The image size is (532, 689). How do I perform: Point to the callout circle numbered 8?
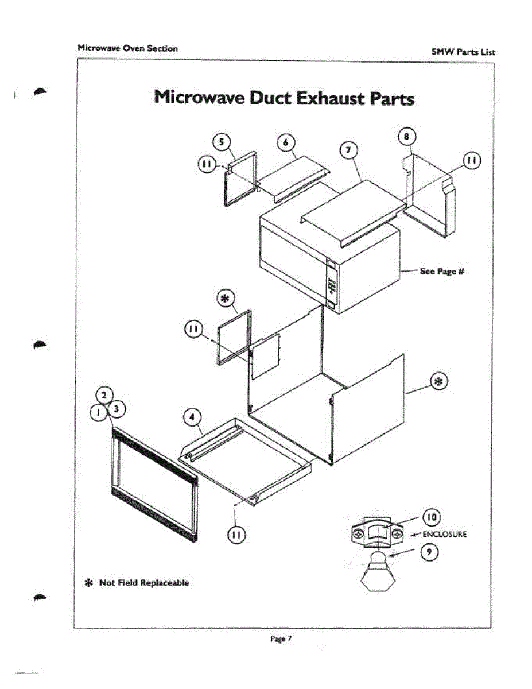click(406, 137)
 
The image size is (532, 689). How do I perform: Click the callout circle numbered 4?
click(192, 417)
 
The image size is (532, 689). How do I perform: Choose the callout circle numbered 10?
click(431, 517)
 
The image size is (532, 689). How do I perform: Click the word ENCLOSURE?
click(444, 535)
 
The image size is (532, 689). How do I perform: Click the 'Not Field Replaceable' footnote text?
click(144, 583)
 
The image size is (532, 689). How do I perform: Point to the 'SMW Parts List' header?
click(463, 52)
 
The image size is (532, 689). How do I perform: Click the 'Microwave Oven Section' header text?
click(127, 48)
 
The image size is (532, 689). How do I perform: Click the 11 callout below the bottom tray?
click(236, 535)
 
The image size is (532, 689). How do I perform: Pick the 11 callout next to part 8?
click(472, 161)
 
